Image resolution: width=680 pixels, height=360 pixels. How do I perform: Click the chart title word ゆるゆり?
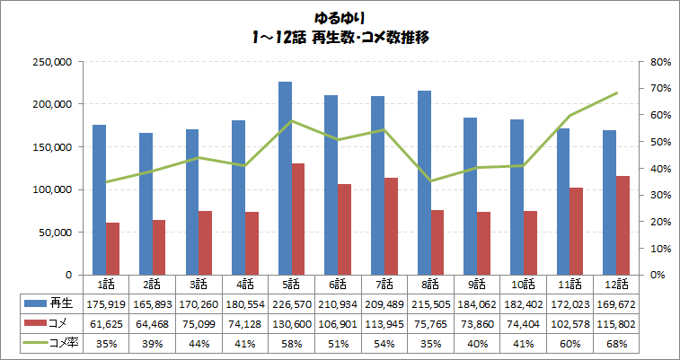(x=340, y=17)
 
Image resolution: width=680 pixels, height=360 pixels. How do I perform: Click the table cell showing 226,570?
(x=293, y=305)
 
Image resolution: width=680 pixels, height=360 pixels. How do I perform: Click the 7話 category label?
(x=385, y=284)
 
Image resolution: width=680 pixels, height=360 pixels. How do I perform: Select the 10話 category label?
(x=525, y=284)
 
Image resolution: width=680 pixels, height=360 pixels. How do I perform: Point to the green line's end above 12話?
(x=617, y=92)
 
